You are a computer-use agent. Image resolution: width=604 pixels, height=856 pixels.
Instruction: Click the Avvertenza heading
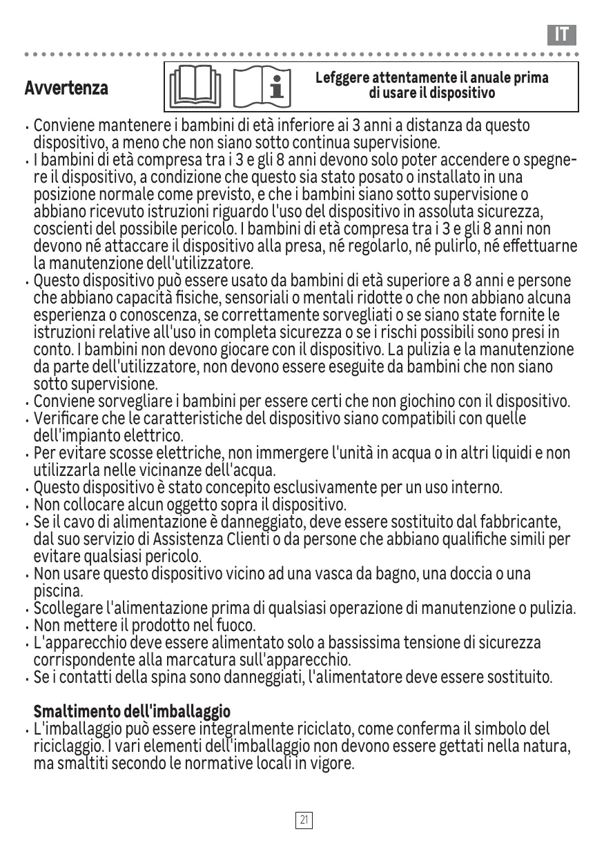pos(66,88)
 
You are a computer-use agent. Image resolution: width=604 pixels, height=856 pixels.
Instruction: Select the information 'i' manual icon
pos(262,88)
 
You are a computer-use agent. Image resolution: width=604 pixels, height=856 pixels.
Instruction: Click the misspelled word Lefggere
pos(342,77)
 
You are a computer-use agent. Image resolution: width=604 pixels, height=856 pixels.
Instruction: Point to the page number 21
pos(304,819)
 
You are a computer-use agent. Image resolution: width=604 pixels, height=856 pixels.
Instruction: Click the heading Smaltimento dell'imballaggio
pos(132,711)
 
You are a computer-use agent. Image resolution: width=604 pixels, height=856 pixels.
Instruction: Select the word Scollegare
pos(67,608)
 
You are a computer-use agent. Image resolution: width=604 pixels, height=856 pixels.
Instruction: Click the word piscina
pos(58,591)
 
